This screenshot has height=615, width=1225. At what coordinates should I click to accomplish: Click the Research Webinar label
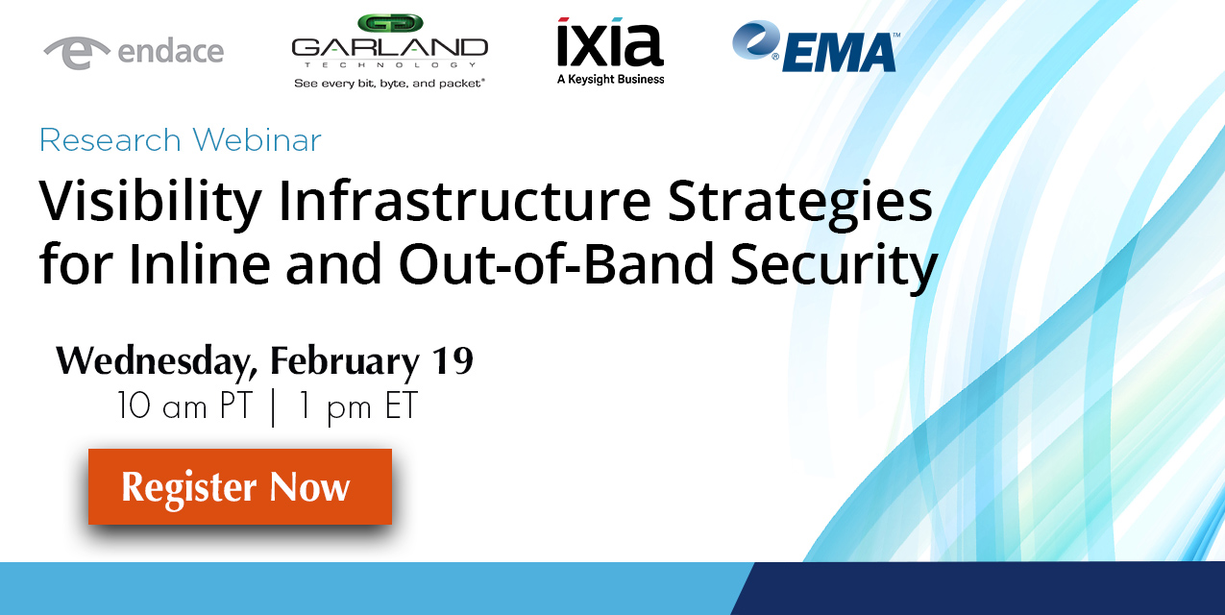(x=180, y=140)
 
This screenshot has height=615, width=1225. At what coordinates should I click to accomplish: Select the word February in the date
(x=345, y=362)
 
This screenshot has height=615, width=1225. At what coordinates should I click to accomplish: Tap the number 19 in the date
(x=452, y=360)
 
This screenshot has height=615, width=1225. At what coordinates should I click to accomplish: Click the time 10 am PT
(x=184, y=406)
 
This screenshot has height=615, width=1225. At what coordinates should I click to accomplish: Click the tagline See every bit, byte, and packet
(x=389, y=84)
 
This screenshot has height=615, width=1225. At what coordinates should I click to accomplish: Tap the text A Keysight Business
(x=610, y=80)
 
